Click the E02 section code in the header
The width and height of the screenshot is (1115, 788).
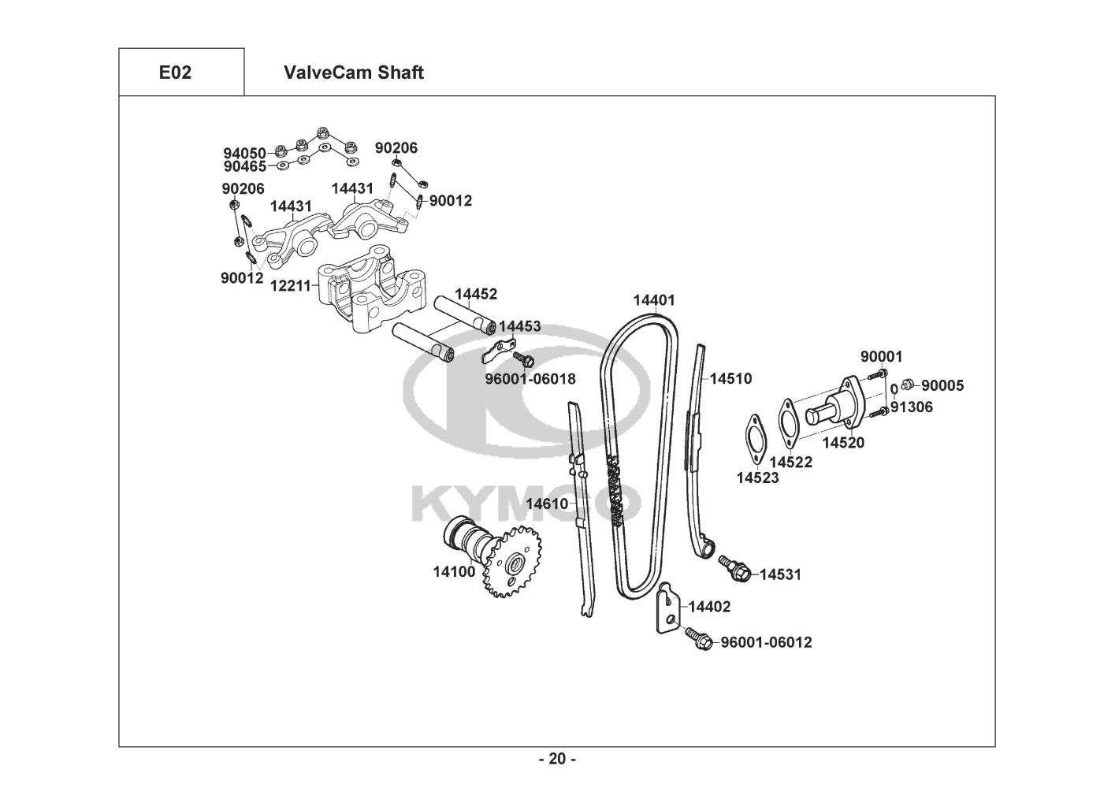175,72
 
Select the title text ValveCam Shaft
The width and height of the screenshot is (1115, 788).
354,72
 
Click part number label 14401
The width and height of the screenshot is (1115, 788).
653,300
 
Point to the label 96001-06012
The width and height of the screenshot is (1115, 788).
766,643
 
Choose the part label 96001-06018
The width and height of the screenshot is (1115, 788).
530,379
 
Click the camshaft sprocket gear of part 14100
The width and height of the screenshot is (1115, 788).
513,562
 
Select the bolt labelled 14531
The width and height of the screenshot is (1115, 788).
735,568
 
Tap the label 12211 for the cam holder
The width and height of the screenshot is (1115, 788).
291,286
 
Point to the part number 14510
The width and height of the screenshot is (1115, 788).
730,379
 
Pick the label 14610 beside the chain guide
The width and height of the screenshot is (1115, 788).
547,504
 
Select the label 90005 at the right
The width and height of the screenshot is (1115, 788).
942,386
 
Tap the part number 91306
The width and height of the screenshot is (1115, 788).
912,407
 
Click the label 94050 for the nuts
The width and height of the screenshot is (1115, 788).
244,153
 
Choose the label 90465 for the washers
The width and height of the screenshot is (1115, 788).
245,166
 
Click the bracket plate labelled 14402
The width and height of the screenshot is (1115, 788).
667,608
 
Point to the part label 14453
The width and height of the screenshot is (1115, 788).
519,326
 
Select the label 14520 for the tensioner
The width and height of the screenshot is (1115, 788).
843,443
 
